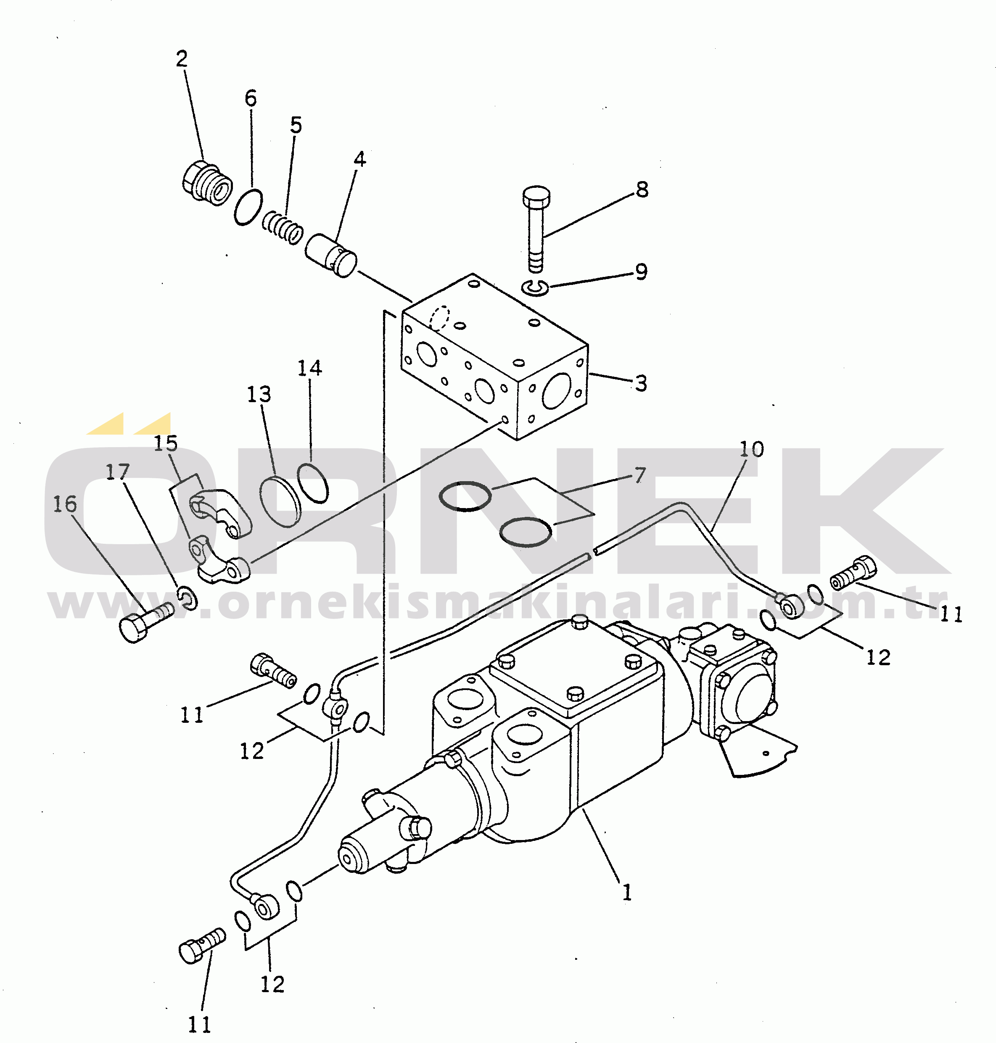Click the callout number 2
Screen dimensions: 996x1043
pyautogui.click(x=182, y=59)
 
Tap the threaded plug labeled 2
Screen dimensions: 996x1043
pyautogui.click(x=206, y=182)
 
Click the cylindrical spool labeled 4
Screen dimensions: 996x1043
pyautogui.click(x=331, y=255)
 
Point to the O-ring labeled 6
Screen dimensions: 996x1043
pyautogui.click(x=248, y=207)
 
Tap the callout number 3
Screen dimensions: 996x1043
pyautogui.click(x=641, y=383)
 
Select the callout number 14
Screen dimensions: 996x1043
pyautogui.click(x=309, y=368)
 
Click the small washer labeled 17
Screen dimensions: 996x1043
pyautogui.click(x=187, y=598)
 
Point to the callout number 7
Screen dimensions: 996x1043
pyautogui.click(x=640, y=475)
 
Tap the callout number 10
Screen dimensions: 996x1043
pyautogui.click(x=751, y=449)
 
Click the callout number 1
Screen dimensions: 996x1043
pyautogui.click(x=627, y=892)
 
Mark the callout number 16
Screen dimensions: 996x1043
pyautogui.click(x=65, y=504)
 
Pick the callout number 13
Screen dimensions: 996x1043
pyautogui.click(x=259, y=394)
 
